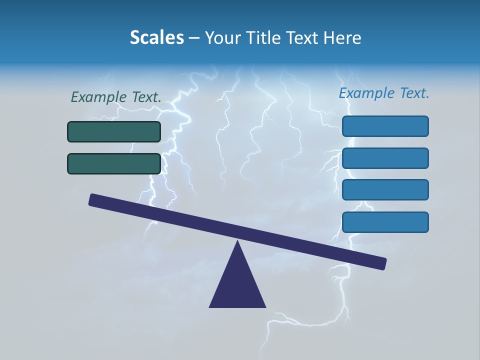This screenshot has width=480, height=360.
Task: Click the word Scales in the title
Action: [x=156, y=37]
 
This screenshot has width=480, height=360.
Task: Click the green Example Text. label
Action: [x=116, y=97]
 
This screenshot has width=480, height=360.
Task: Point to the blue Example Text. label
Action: [x=384, y=93]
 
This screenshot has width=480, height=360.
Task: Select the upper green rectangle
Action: [x=114, y=132]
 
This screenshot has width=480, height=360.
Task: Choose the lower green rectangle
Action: [x=114, y=163]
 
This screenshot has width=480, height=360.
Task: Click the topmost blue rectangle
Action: [x=385, y=126]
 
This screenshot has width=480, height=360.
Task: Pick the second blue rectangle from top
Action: [x=385, y=158]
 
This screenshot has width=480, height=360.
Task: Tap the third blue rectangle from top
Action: [x=385, y=190]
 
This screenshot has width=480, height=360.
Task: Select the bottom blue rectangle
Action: [x=385, y=222]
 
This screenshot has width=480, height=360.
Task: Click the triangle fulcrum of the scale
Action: [x=237, y=285]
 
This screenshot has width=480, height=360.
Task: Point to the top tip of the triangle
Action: [x=238, y=241]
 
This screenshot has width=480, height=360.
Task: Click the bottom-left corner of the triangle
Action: [x=210, y=306]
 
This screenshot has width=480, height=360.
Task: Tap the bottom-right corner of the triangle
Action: [x=265, y=306]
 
